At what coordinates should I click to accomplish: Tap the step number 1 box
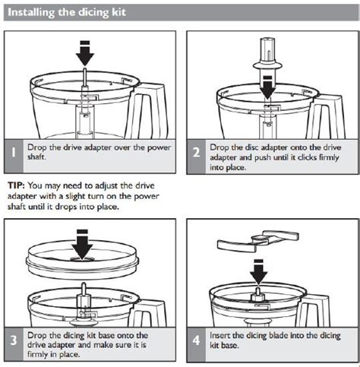[x=14, y=152]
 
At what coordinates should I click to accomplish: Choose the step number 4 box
[x=195, y=340]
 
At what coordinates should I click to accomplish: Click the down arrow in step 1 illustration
[x=85, y=52]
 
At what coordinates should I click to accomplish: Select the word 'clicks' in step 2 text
[x=304, y=157]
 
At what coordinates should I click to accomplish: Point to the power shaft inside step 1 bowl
[x=85, y=114]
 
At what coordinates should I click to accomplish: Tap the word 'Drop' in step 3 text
[x=38, y=334]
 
